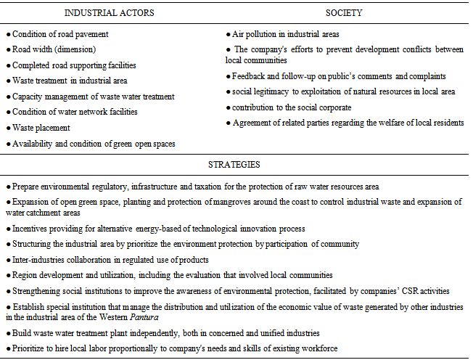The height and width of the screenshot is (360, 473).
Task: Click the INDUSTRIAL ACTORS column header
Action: [x=109, y=13]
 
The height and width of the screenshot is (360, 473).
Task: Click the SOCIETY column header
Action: [x=344, y=13]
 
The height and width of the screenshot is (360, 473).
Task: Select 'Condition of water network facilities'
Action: [x=75, y=111]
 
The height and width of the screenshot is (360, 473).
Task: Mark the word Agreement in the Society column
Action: [x=254, y=123]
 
